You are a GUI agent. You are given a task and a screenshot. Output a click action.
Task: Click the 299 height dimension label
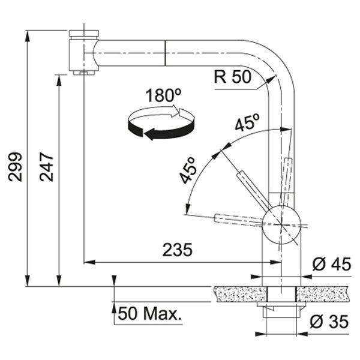[15, 167]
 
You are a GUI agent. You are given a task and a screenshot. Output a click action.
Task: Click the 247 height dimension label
[47, 167]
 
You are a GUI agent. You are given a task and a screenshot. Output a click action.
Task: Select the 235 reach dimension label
[177, 250]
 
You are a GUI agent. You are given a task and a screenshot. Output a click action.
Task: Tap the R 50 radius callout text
[233, 77]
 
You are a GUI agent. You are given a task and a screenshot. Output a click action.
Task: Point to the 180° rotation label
[163, 95]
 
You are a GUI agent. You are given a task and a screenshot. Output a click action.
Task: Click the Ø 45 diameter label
[332, 264]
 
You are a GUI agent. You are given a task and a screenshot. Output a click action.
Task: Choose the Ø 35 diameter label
[329, 322]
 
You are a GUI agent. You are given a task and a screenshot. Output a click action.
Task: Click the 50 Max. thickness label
[149, 314]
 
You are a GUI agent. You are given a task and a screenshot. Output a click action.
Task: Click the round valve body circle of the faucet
[281, 225]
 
